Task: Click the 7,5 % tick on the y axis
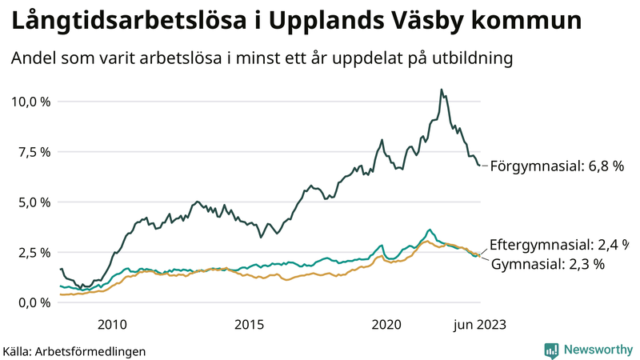[x=33, y=152]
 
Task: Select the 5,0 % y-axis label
[x=33, y=202]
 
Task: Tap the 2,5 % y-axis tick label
[x=33, y=253]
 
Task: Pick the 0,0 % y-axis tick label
[x=33, y=303]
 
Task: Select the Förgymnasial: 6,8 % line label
[x=557, y=166]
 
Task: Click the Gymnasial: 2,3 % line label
[x=546, y=264]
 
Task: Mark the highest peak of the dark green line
[x=442, y=90]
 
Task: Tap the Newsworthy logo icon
[x=551, y=350]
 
